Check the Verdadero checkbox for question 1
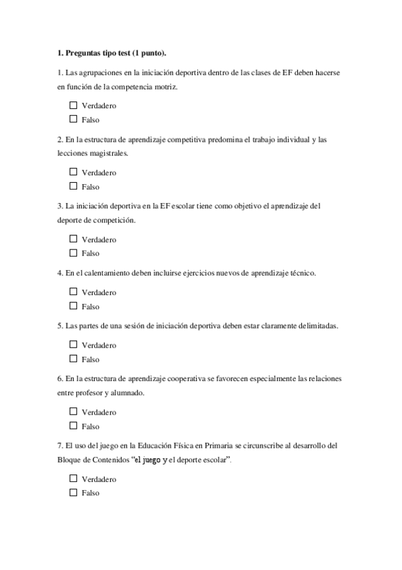[73, 106]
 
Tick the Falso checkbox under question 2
[73, 187]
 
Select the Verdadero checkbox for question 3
[73, 239]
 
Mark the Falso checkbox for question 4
[73, 307]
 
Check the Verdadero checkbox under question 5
[73, 345]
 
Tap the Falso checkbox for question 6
[73, 426]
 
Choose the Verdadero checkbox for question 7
[73, 479]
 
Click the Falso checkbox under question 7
[73, 493]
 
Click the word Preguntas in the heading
[83, 52]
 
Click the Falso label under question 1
[90, 120]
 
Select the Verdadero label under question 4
[99, 292]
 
